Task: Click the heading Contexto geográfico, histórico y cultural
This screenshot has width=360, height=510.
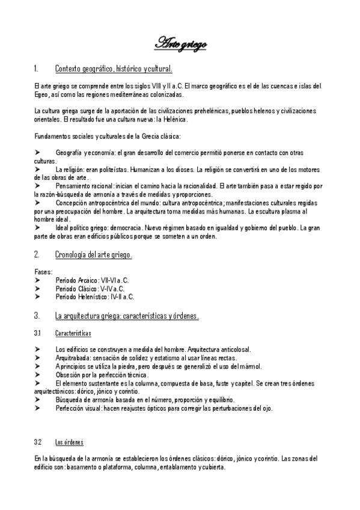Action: (x=114, y=68)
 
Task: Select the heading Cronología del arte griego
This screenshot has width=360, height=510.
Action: (x=93, y=255)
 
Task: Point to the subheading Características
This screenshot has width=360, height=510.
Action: (x=73, y=332)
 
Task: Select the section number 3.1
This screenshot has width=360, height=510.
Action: (x=37, y=332)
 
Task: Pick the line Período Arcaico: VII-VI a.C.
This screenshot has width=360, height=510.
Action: (x=91, y=280)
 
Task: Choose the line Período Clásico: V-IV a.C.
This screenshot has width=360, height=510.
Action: (x=90, y=288)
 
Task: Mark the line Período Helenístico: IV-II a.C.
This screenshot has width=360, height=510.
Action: (x=94, y=296)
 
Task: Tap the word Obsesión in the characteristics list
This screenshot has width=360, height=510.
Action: (x=66, y=375)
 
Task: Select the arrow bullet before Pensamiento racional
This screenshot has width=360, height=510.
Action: (x=38, y=186)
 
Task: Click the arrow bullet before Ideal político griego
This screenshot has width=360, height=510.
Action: (x=38, y=228)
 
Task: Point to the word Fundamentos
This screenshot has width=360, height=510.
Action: (x=51, y=136)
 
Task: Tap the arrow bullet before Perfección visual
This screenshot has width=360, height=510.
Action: (x=38, y=408)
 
